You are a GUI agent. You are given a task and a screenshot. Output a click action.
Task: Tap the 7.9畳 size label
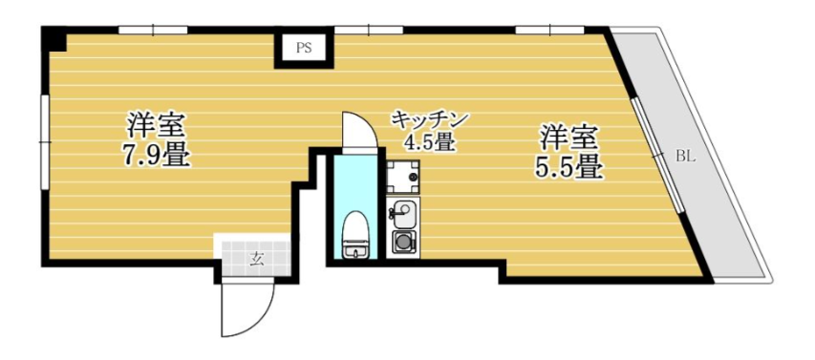coord(157,154)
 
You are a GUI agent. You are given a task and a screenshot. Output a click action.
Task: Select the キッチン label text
coord(430,120)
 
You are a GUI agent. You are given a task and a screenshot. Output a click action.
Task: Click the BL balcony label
coord(686,156)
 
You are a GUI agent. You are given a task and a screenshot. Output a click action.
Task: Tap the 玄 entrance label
coord(256,258)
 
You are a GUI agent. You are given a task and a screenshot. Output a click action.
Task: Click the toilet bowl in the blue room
coord(356,234)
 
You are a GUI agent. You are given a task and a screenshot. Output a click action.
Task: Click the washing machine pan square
coord(403,176)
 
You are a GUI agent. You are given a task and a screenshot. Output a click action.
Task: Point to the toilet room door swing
coord(358,131)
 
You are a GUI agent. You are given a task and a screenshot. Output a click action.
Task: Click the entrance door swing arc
coord(247,309)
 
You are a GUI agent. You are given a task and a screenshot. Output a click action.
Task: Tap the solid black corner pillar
coord(54,39)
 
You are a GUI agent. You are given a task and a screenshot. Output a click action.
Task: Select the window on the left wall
coord(45,141)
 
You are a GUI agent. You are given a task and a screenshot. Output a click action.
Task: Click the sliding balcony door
coord(658,155)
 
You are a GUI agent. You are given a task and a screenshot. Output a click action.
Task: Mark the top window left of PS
coord(153,31)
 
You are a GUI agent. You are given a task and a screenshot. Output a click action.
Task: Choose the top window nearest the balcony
coord(550,31)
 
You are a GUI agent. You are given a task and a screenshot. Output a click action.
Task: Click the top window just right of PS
coord(368,31)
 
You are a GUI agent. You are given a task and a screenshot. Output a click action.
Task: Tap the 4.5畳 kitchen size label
coord(430,142)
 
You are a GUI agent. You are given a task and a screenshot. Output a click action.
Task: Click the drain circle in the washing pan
coord(414,178)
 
